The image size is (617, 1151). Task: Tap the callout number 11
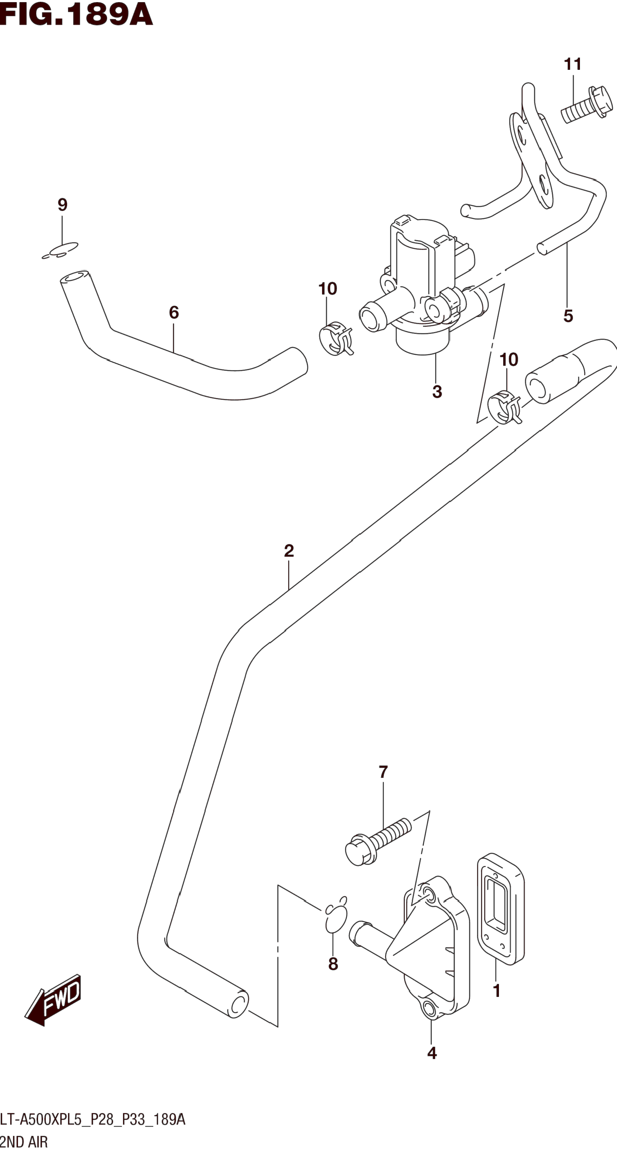(572, 64)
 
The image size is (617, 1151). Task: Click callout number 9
(63, 205)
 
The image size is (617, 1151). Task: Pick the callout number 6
(174, 312)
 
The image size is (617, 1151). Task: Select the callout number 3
(437, 392)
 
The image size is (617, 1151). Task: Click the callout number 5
(568, 316)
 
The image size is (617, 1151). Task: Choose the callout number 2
(289, 551)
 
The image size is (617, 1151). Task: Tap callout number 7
(383, 772)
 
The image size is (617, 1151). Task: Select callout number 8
(333, 964)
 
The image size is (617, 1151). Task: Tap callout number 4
(432, 1053)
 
